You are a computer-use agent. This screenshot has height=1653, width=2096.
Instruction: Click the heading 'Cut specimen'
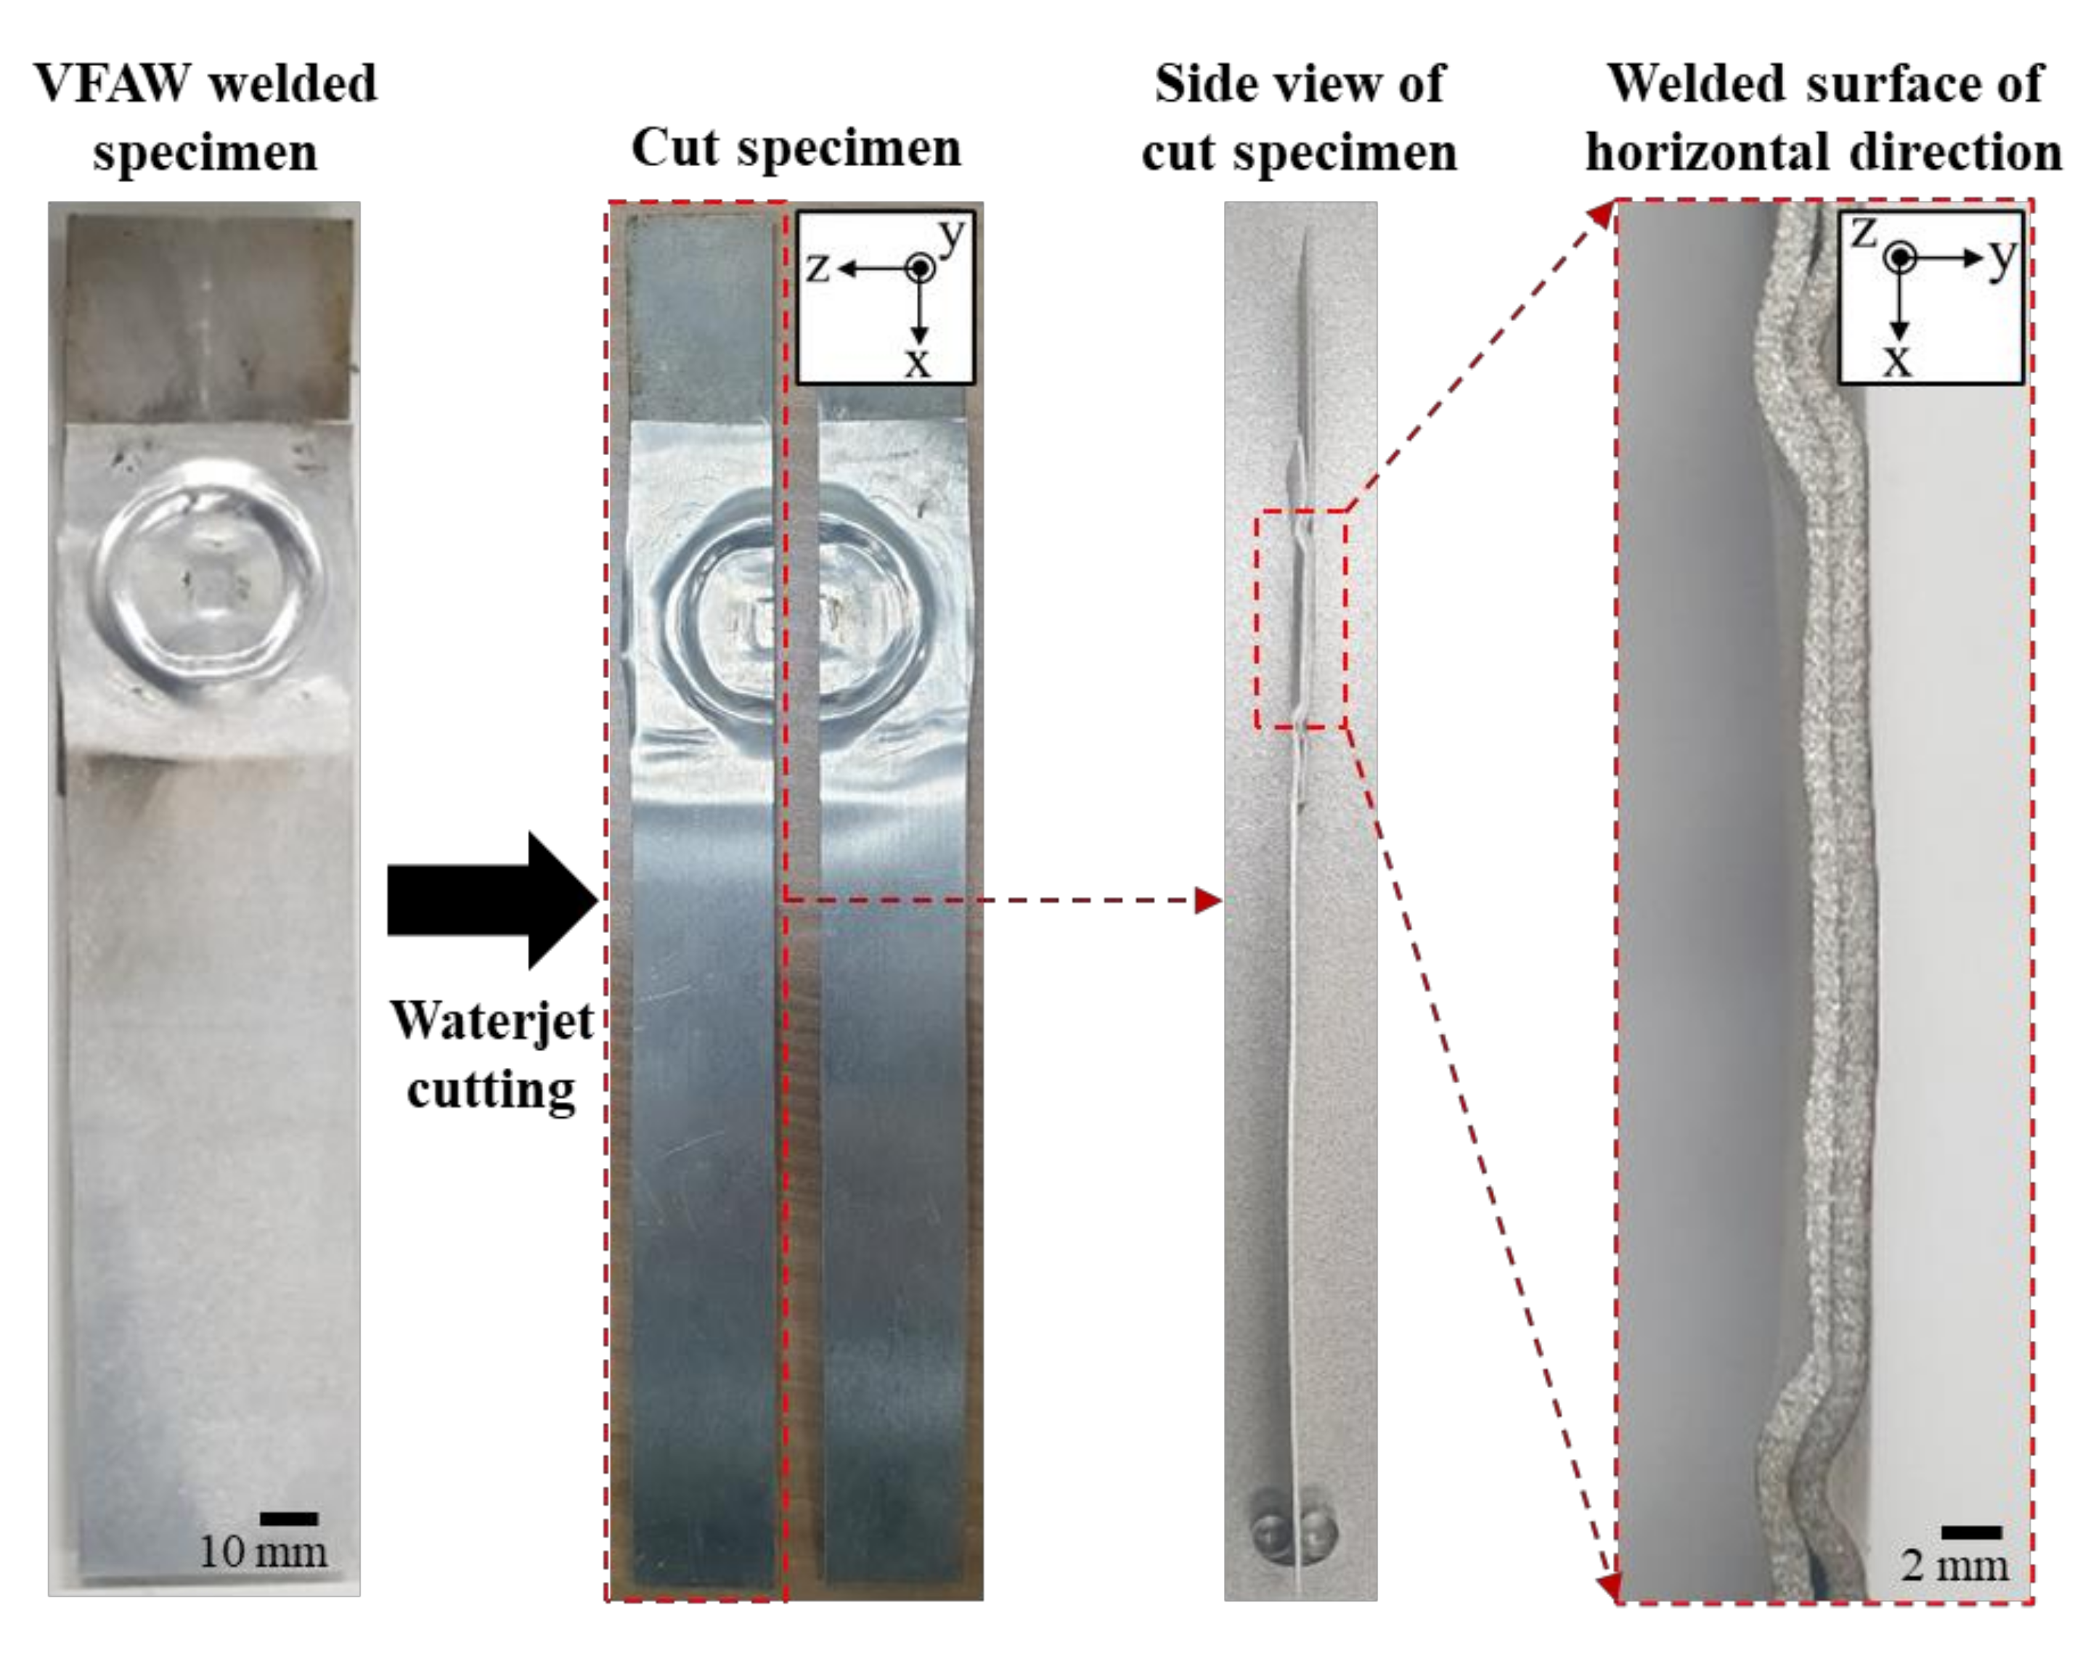pos(796,148)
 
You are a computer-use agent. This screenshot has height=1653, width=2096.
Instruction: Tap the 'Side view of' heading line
pos(1299,83)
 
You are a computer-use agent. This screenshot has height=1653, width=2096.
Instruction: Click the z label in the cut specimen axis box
pos(817,266)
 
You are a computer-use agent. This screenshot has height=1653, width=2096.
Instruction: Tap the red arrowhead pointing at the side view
pos(1207,901)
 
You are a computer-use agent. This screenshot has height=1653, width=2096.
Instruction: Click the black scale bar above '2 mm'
pos(1971,1532)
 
